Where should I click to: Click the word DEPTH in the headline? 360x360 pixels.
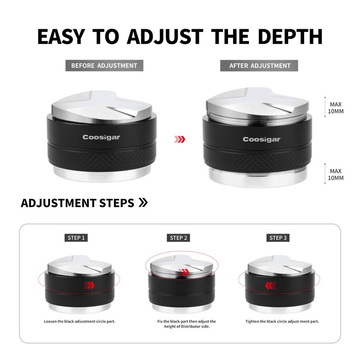[x=290, y=36]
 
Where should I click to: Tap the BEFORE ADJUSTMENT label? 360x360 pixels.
[x=104, y=66]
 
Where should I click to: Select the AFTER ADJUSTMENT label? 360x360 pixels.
[x=259, y=66]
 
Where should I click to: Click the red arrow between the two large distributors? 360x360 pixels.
[x=180, y=139]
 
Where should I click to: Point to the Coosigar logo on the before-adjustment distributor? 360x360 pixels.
[x=101, y=137]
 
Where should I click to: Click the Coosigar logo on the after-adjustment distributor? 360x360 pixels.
[x=261, y=139]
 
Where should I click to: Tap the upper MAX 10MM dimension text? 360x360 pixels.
[x=336, y=108]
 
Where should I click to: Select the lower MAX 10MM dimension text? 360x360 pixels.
[x=336, y=175]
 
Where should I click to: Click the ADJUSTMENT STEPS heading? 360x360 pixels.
[x=77, y=203]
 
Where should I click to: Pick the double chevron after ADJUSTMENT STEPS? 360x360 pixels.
[x=143, y=202]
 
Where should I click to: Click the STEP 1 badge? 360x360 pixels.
[x=76, y=238]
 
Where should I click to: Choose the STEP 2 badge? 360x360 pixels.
[x=178, y=238]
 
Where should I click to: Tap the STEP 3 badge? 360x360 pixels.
[x=278, y=238]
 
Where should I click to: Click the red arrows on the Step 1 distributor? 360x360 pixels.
[x=89, y=285]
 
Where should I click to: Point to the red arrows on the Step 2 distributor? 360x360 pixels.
[x=184, y=273]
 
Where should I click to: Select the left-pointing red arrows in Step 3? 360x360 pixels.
[x=270, y=285]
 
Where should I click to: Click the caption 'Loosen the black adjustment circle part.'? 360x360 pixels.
[x=80, y=321]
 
